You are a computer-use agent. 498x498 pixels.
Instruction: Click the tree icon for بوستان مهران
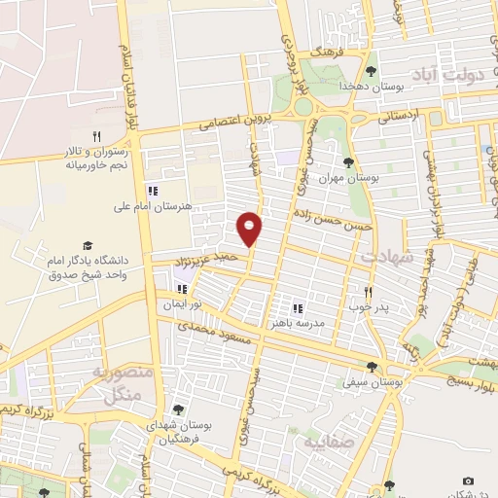click(348, 162)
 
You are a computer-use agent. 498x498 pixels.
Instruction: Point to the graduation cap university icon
click(89, 245)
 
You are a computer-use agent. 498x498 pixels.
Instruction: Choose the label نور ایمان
click(181, 304)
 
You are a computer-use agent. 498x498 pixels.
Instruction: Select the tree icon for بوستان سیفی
click(372, 367)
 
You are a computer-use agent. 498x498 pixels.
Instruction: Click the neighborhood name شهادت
click(387, 257)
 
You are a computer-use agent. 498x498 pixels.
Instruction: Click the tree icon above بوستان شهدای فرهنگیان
click(178, 409)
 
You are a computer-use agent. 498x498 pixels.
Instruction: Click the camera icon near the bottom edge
click(468, 480)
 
